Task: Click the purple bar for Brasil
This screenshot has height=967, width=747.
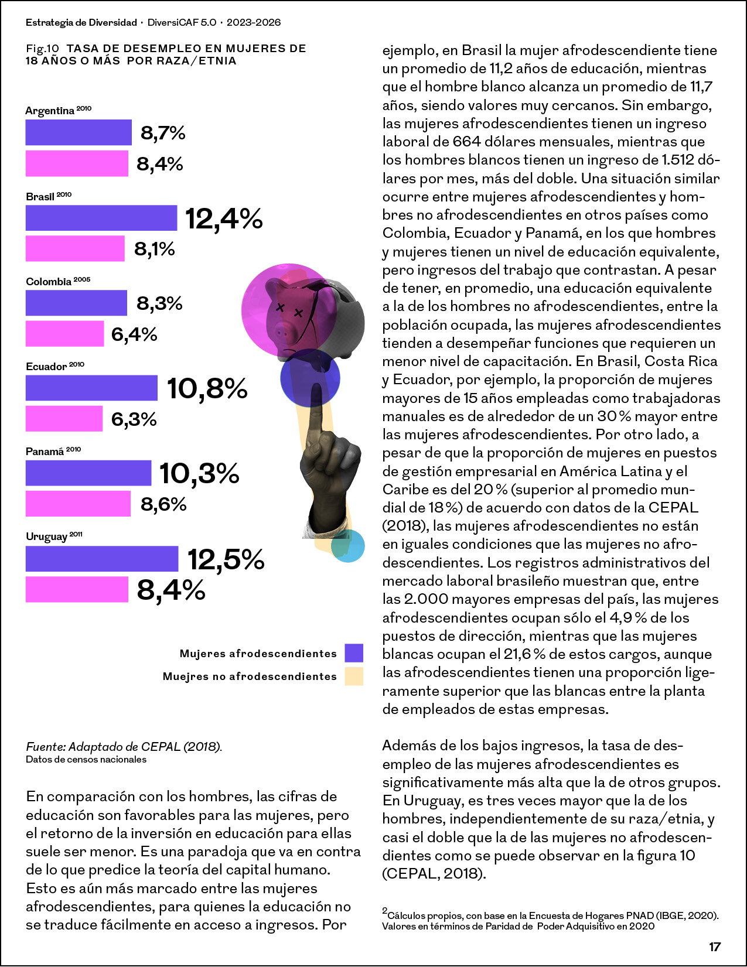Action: pyautogui.click(x=101, y=218)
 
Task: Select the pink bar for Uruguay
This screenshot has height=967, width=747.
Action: pyautogui.click(x=77, y=589)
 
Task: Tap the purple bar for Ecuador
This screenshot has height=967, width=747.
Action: pyautogui.click(x=91, y=388)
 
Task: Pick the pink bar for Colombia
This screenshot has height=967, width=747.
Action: pyautogui.click(x=64, y=334)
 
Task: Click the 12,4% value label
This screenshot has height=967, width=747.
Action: pyautogui.click(x=224, y=219)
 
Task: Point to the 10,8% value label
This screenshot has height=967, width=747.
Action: pyautogui.click(x=207, y=388)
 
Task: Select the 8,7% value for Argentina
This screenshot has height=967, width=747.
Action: pyautogui.click(x=163, y=133)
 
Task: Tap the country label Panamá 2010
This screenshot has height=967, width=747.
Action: pyautogui.click(x=53, y=451)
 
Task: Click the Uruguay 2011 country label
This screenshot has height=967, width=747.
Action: pyautogui.click(x=54, y=537)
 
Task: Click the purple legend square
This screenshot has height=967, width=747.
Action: pyautogui.click(x=354, y=653)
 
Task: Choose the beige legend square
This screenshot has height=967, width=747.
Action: pyautogui.click(x=354, y=676)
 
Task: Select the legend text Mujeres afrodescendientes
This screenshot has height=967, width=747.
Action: pyautogui.click(x=258, y=653)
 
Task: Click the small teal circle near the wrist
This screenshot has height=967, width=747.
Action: pyautogui.click(x=347, y=546)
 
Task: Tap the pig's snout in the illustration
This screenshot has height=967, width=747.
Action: pyautogui.click(x=282, y=332)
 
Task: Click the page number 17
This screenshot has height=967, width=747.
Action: pyautogui.click(x=715, y=947)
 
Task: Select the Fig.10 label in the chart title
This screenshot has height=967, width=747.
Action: pyautogui.click(x=42, y=49)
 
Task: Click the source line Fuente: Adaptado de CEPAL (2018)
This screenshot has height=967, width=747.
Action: pyautogui.click(x=124, y=747)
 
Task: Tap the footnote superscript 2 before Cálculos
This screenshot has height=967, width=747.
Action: pyautogui.click(x=384, y=911)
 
